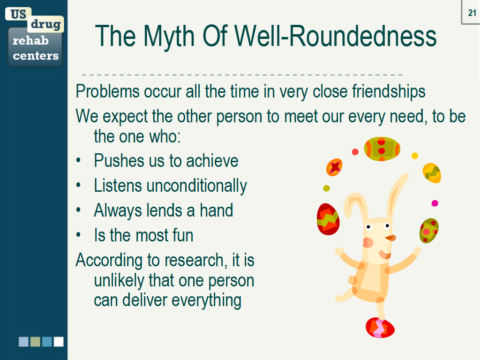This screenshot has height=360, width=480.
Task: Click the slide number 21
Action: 472,13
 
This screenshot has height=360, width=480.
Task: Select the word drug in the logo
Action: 46,24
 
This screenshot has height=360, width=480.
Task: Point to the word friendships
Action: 389,91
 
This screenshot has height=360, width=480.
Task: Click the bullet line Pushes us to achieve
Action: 166,161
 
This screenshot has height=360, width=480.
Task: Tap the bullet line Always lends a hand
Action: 163,210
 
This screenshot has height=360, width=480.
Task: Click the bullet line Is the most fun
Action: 143,235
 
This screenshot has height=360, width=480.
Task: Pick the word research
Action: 191,260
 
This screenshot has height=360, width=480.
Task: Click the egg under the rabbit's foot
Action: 380,327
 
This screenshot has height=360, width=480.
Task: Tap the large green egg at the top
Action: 382,149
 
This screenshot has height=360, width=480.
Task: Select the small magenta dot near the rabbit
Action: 435,203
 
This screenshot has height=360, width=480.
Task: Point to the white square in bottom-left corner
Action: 59,342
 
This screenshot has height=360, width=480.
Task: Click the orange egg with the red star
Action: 334,166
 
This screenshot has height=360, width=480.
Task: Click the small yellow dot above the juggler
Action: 414,156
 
